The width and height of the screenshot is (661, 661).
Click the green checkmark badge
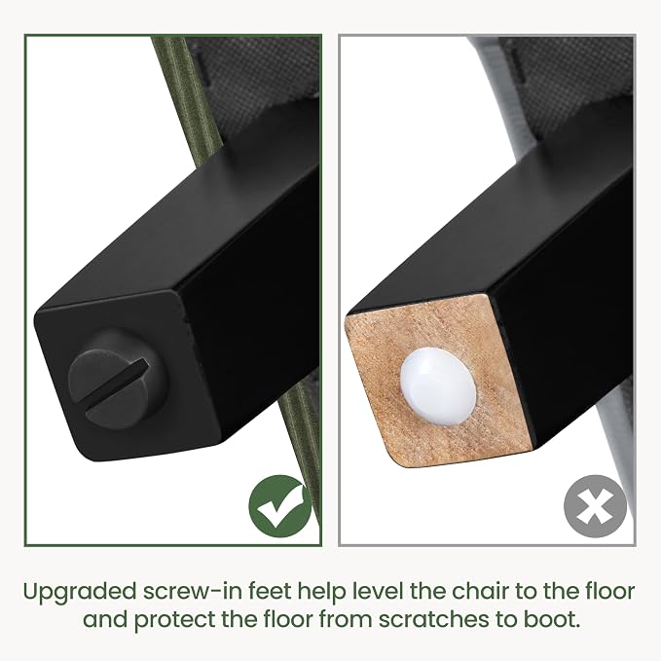coord(280,506)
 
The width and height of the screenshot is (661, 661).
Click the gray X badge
coord(595,506)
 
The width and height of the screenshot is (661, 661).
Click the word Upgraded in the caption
coord(79,593)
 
